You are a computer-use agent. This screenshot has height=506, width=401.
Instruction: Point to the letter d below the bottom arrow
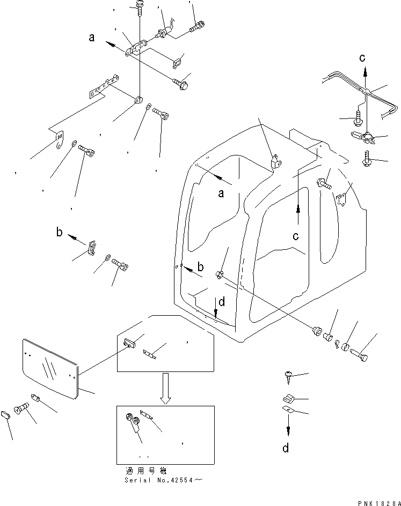286,448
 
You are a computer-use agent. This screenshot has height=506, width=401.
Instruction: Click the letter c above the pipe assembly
363,57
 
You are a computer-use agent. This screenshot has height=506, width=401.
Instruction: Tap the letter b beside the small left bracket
60,233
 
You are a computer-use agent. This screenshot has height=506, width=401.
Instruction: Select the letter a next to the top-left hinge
92,38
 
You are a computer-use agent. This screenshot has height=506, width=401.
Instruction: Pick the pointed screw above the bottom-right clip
287,378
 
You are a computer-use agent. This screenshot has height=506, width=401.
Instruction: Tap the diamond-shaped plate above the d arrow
288,410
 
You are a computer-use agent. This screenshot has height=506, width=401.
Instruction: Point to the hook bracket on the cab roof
275,161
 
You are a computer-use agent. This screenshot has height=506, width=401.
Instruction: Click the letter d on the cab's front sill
221,302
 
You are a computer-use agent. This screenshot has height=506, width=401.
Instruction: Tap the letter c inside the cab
296,234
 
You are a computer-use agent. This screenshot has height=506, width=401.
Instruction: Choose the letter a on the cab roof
221,194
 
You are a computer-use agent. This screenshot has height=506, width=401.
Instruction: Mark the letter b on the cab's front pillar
200,266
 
